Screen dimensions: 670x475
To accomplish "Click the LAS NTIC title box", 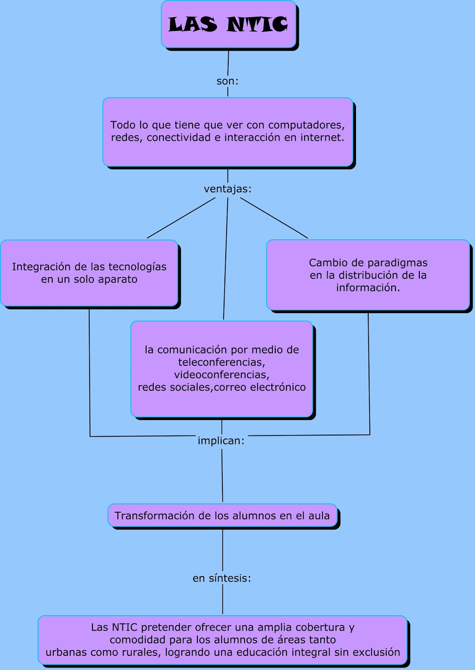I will pos(228,24).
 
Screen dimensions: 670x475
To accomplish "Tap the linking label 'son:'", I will pos(227,81).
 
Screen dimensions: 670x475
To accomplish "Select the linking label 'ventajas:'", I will pos(227,189).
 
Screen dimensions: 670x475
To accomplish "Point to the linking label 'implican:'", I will pos(221,441).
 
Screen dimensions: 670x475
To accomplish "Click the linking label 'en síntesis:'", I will pos(222,578).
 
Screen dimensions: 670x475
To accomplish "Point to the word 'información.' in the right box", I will pos(368,288).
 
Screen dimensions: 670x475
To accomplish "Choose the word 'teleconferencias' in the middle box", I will pos(221,362).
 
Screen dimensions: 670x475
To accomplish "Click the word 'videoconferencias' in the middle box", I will pos(221,375).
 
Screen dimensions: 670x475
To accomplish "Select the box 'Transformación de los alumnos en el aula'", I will pos(222,515).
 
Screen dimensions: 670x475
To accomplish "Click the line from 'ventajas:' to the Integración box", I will pos(181,218).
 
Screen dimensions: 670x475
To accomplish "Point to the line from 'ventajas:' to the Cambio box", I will pos(274,218).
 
